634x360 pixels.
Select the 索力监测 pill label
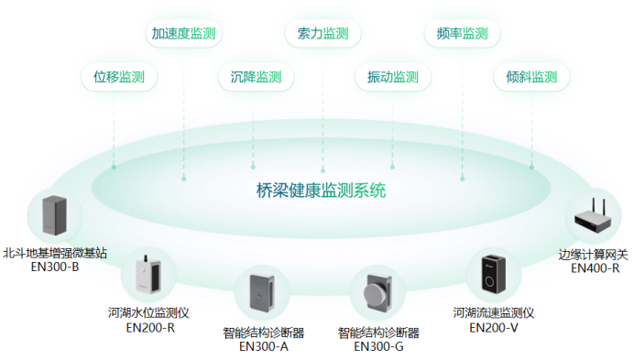322,34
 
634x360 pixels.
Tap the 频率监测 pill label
462,34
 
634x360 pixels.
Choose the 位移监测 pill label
119,77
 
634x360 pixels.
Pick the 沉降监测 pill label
255,77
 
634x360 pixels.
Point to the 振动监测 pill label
392,77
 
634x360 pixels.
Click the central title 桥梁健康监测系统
322,191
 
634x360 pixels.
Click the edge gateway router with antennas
594,217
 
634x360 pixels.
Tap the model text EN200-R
150,327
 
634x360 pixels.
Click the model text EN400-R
595,268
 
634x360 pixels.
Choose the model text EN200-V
494,327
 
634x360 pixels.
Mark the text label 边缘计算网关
594,255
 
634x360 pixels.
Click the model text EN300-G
378,346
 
